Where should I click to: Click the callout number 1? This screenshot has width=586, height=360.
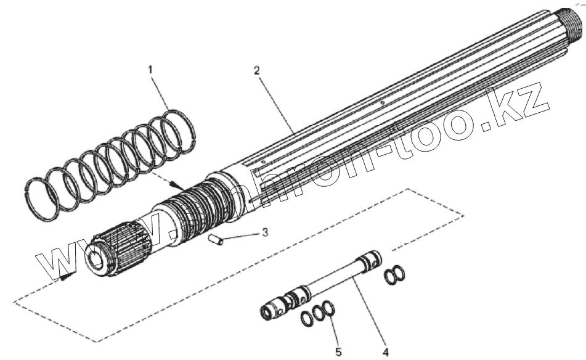point(150,70)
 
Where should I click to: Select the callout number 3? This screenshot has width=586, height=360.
point(265,232)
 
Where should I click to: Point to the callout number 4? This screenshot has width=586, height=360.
point(386,352)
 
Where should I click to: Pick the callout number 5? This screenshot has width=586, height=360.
point(338,352)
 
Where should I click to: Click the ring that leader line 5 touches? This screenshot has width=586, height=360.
point(330,308)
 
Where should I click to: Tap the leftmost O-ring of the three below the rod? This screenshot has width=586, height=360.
point(306,319)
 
